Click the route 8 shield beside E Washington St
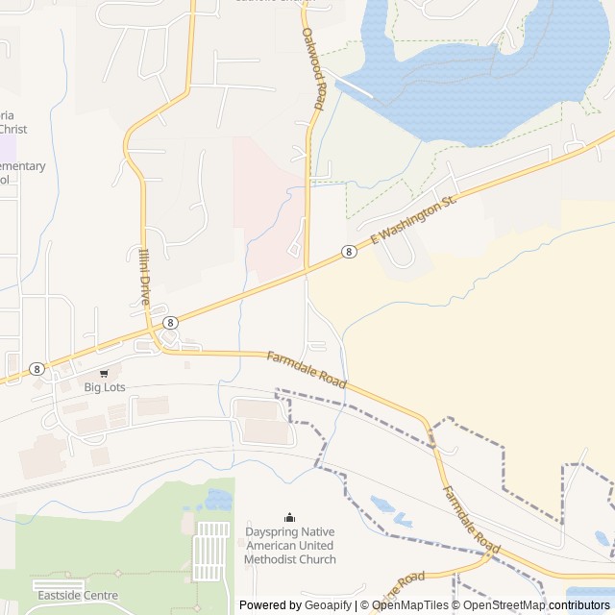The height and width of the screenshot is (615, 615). (349, 252)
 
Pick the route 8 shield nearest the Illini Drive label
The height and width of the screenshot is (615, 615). (170, 323)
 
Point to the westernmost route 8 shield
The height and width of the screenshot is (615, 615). (37, 369)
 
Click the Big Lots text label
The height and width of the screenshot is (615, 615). (105, 387)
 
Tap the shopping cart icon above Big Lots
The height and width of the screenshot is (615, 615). (105, 373)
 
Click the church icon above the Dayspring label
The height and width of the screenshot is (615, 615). (289, 518)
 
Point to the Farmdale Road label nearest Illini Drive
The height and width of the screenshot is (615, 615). (306, 369)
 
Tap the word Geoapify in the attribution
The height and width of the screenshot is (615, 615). (329, 605)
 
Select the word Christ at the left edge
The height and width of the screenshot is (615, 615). (12, 129)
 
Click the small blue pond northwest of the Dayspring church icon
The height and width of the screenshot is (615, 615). (218, 499)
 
